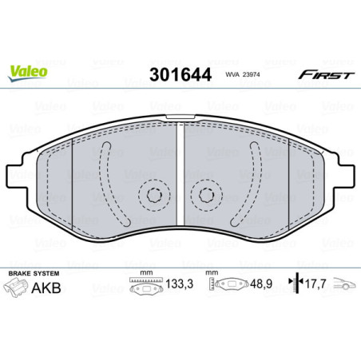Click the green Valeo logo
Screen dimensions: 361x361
coord(28,71)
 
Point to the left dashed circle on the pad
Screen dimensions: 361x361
coord(152,194)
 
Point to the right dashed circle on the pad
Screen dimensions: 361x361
coord(207,194)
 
